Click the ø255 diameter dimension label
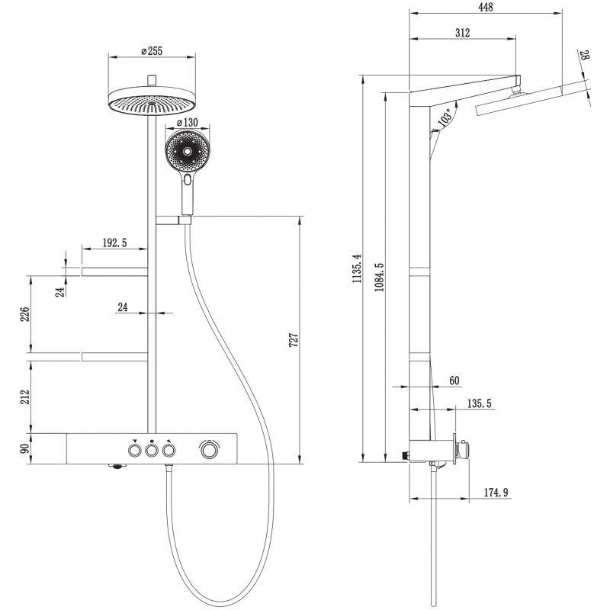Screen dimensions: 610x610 coord(153,51)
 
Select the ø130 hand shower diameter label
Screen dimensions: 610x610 coord(188,122)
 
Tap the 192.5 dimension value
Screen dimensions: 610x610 coord(114,242)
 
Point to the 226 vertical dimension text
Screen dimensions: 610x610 coord(24,314)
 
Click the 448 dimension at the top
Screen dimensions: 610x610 coord(485,8)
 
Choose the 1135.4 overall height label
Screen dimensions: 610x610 coord(356,268)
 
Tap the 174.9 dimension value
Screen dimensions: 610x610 coord(496,493)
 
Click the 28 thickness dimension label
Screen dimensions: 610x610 coord(585,56)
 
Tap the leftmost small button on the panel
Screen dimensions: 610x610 coord(135,451)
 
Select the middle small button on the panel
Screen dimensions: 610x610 coord(152,451)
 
